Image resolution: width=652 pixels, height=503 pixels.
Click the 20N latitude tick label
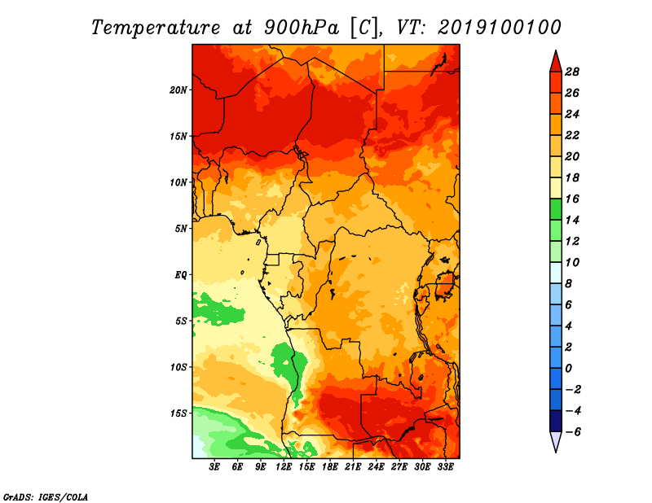pos(178,90)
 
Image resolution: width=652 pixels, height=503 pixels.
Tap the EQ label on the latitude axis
pos(181,275)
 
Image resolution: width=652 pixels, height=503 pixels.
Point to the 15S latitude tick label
pos(178,413)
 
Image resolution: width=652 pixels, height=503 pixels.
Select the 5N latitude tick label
pos(181,229)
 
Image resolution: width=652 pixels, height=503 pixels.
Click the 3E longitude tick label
pos(214,467)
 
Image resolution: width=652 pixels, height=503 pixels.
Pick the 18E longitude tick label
pos(330,467)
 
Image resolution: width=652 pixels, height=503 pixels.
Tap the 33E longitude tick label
pos(445,467)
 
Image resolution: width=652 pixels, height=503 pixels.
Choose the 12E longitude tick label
pos(284,467)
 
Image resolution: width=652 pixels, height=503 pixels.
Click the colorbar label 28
pos(572,72)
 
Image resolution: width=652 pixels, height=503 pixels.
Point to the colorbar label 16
pos(572,199)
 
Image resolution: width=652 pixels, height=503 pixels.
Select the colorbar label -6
pos(573,432)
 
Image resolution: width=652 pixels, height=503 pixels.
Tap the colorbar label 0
pos(568,369)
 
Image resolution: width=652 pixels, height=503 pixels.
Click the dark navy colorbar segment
pos(556,421)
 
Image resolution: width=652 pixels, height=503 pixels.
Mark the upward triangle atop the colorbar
pos(556,63)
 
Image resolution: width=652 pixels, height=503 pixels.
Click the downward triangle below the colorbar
pos(556,441)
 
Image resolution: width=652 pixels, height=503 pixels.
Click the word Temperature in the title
pos(156,28)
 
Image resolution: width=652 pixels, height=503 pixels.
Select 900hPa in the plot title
pos(301,28)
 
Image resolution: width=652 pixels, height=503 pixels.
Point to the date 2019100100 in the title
pos(500,28)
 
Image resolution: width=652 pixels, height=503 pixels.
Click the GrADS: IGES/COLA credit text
pos(46,497)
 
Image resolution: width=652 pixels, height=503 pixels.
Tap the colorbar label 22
pos(572,135)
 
